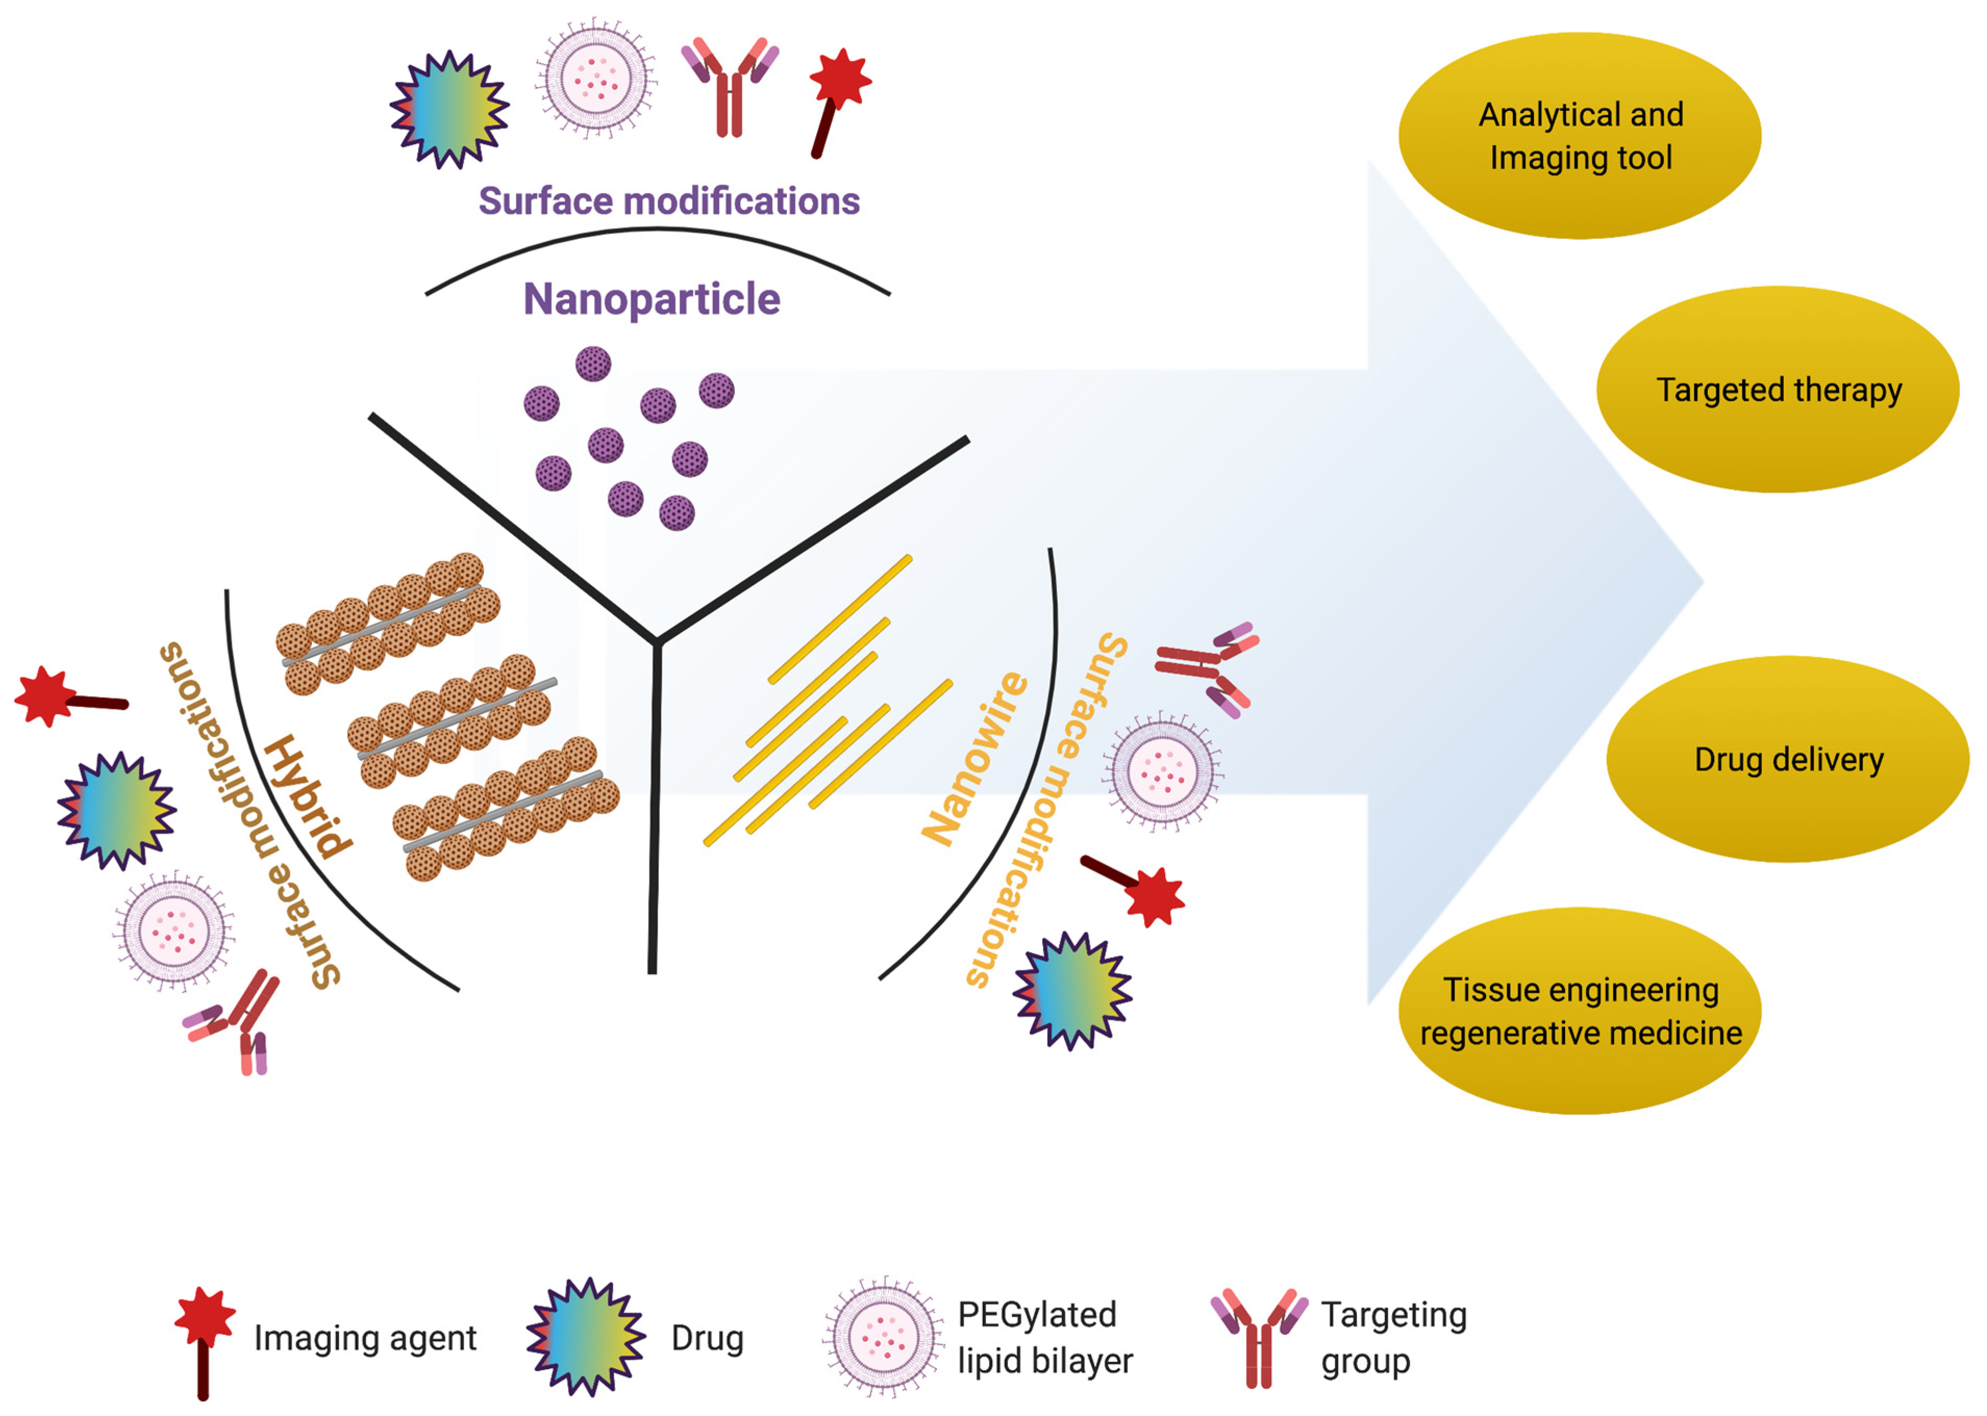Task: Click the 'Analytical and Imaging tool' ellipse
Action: click(1580, 136)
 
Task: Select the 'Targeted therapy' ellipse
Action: click(1778, 390)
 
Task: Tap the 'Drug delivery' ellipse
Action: click(1787, 760)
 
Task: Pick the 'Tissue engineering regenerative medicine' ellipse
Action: click(1580, 1012)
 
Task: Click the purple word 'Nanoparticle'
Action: click(652, 299)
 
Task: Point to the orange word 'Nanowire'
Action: click(975, 758)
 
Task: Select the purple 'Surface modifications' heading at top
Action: click(669, 201)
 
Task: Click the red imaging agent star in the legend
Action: click(205, 1317)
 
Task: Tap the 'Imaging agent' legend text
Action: click(365, 1337)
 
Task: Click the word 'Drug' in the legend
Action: click(707, 1337)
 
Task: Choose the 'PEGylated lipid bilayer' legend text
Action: click(1044, 1337)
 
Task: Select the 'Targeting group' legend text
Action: click(1393, 1337)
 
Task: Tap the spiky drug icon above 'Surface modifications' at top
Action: click(449, 110)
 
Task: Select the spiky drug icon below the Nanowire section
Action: click(1072, 991)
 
